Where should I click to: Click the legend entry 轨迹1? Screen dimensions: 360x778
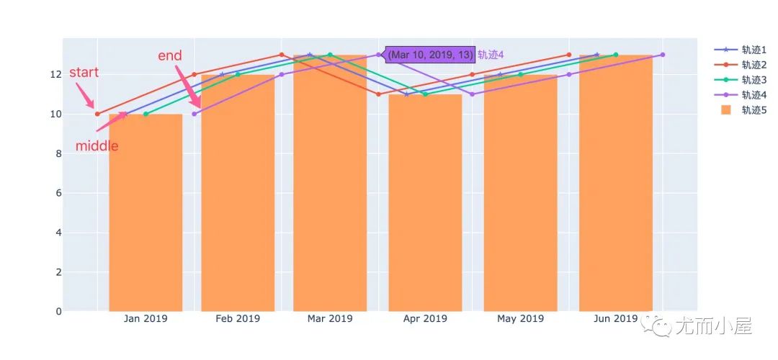pyautogui.click(x=754, y=50)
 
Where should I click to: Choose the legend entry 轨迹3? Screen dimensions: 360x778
pyautogui.click(x=754, y=80)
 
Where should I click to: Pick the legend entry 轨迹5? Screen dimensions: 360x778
pyautogui.click(x=754, y=109)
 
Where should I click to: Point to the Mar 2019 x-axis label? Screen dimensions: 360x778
pyautogui.click(x=330, y=318)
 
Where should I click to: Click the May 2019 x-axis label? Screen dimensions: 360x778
pyautogui.click(x=520, y=318)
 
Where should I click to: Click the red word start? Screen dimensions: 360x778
pyautogui.click(x=84, y=73)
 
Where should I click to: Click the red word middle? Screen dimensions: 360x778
pyautogui.click(x=97, y=146)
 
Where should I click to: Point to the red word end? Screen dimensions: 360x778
pyautogui.click(x=170, y=55)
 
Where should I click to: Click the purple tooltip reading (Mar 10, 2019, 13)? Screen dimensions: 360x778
pyautogui.click(x=430, y=55)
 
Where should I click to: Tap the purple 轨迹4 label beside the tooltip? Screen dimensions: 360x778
pyautogui.click(x=491, y=55)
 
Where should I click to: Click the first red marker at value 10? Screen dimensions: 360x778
pyautogui.click(x=97, y=114)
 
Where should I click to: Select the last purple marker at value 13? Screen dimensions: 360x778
pyautogui.click(x=663, y=55)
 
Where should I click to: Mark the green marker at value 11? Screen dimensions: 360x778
pyautogui.click(x=425, y=94)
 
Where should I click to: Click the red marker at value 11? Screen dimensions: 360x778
pyautogui.click(x=379, y=94)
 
